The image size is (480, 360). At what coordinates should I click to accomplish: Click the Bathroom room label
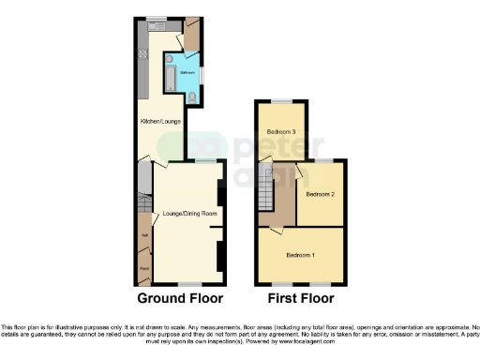tap(186, 72)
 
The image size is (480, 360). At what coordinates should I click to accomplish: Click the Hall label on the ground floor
tap(144, 234)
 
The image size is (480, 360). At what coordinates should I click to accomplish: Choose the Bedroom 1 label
tap(300, 255)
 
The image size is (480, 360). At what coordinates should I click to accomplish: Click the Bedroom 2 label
tap(320, 195)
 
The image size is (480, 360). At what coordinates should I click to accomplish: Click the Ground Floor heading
tap(180, 300)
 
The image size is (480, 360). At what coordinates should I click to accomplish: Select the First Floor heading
tap(301, 300)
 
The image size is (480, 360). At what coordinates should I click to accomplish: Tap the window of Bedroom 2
tap(321, 160)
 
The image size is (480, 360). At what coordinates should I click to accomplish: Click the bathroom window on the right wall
tap(206, 72)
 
